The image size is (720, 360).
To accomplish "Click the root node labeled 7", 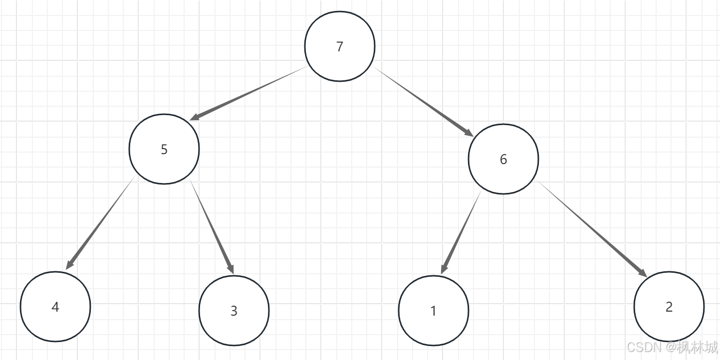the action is coord(340,46).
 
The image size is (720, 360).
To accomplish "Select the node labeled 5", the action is coord(164,149).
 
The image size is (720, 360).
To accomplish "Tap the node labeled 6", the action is coord(503,159).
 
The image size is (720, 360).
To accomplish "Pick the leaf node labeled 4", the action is coord(55,307).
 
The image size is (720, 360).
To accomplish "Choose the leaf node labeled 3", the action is coord(234,311).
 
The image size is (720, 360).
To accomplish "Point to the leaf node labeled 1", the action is coord(434,311).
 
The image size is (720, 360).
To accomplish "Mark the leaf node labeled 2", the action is coord(669,307).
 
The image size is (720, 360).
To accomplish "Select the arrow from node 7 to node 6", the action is coord(424,102).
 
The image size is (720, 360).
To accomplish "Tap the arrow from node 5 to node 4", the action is coord(101,222).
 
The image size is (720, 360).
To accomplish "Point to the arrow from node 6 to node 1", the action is coord(461,232).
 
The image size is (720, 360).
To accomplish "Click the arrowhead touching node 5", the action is coord(195,118).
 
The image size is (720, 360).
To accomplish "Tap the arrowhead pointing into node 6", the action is coord(469,133).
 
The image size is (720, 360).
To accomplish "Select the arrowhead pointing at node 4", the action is coord(70,265).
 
